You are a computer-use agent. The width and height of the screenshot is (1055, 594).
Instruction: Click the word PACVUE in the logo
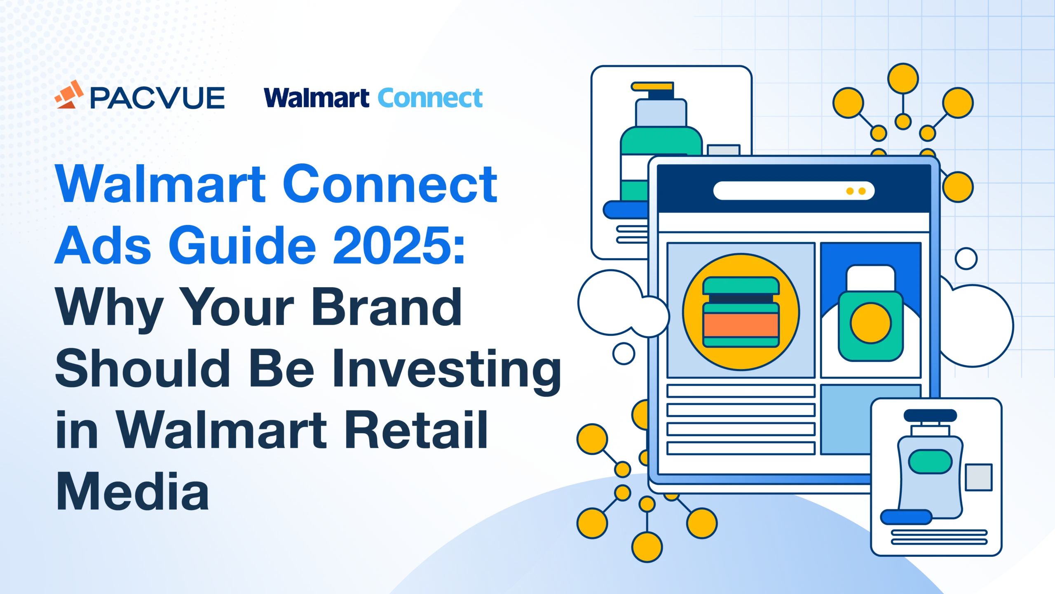point(157,98)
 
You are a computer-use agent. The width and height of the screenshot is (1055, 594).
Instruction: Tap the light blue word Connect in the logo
point(430,98)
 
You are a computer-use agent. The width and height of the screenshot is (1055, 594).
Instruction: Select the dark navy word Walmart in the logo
point(316,98)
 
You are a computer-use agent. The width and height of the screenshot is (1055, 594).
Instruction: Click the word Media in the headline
point(132,491)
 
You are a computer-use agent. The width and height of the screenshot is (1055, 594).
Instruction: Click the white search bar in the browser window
point(794,191)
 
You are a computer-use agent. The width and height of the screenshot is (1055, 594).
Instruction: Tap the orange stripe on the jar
point(741,325)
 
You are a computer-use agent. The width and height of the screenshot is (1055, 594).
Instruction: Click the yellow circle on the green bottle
point(871,323)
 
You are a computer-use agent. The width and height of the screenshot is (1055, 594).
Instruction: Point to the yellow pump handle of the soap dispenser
point(652,86)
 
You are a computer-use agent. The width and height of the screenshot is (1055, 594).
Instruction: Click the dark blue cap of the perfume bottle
point(930,415)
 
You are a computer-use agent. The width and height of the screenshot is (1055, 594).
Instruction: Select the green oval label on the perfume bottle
point(930,462)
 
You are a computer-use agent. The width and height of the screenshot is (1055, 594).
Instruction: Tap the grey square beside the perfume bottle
point(978,477)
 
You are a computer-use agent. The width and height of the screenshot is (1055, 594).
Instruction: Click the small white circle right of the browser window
point(966,259)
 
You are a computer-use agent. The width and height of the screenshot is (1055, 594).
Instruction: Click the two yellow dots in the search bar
point(856,191)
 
